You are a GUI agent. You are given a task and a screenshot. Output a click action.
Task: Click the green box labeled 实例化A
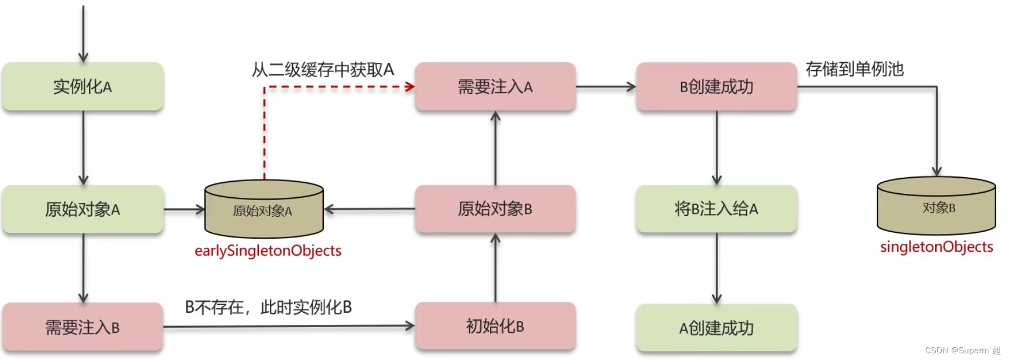pyautogui.click(x=83, y=87)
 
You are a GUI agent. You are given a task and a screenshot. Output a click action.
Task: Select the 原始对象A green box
pyautogui.click(x=83, y=209)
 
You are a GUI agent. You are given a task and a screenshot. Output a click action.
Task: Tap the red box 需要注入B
pyautogui.click(x=83, y=327)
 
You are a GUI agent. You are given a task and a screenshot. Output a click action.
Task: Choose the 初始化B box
pyautogui.click(x=495, y=326)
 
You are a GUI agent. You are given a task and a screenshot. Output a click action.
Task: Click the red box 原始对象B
pyautogui.click(x=495, y=209)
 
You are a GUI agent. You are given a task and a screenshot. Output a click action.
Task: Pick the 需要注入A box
pyautogui.click(x=495, y=87)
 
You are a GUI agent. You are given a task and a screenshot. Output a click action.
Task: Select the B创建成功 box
pyautogui.click(x=716, y=87)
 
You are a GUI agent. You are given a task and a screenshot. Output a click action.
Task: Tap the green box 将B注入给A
pyautogui.click(x=716, y=209)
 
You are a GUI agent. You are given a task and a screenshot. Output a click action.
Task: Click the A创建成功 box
pyautogui.click(x=716, y=328)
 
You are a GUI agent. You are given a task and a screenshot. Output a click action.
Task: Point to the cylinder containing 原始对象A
pyautogui.click(x=264, y=211)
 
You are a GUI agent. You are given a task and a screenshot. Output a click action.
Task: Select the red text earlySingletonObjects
pyautogui.click(x=268, y=251)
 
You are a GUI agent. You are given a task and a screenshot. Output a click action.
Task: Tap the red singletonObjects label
pyautogui.click(x=936, y=247)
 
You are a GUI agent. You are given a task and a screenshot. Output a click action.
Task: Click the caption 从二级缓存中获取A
pyautogui.click(x=323, y=70)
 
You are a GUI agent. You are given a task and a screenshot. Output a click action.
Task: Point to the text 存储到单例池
pyautogui.click(x=855, y=69)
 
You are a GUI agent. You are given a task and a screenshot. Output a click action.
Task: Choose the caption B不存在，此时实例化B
pyautogui.click(x=268, y=307)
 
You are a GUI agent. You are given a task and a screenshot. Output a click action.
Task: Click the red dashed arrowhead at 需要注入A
pyautogui.click(x=410, y=87)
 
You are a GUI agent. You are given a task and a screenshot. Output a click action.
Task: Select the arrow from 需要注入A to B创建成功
pyautogui.click(x=606, y=87)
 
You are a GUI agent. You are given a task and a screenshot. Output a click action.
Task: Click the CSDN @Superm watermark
pyautogui.click(x=962, y=351)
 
